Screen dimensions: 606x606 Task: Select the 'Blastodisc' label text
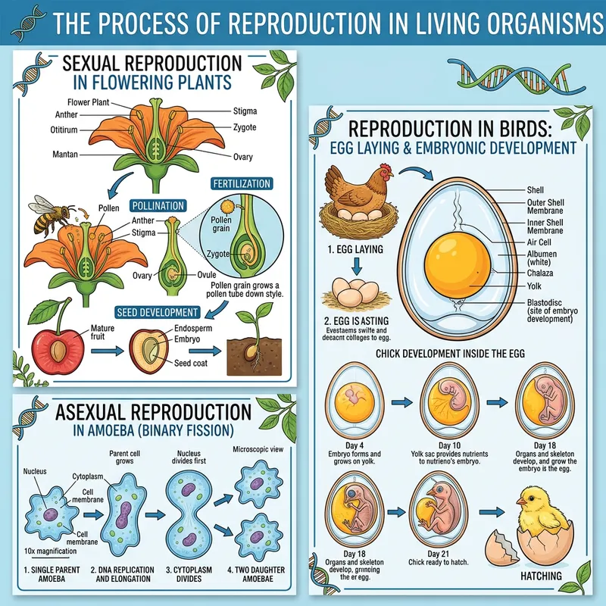[x=545, y=301]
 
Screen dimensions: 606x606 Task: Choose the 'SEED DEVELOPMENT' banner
[x=157, y=311]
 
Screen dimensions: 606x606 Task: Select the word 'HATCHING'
[x=541, y=576]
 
